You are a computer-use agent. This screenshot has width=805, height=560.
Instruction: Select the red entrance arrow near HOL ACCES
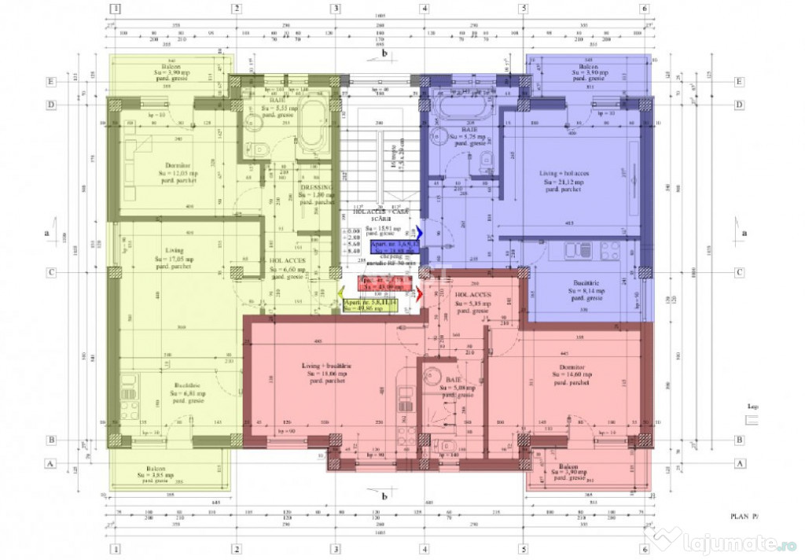[419, 294]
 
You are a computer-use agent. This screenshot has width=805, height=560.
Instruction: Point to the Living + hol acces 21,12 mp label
[565, 181]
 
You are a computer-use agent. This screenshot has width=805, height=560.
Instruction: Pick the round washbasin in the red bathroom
[432, 378]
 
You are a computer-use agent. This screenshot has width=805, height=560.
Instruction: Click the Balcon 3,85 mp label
[170, 471]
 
